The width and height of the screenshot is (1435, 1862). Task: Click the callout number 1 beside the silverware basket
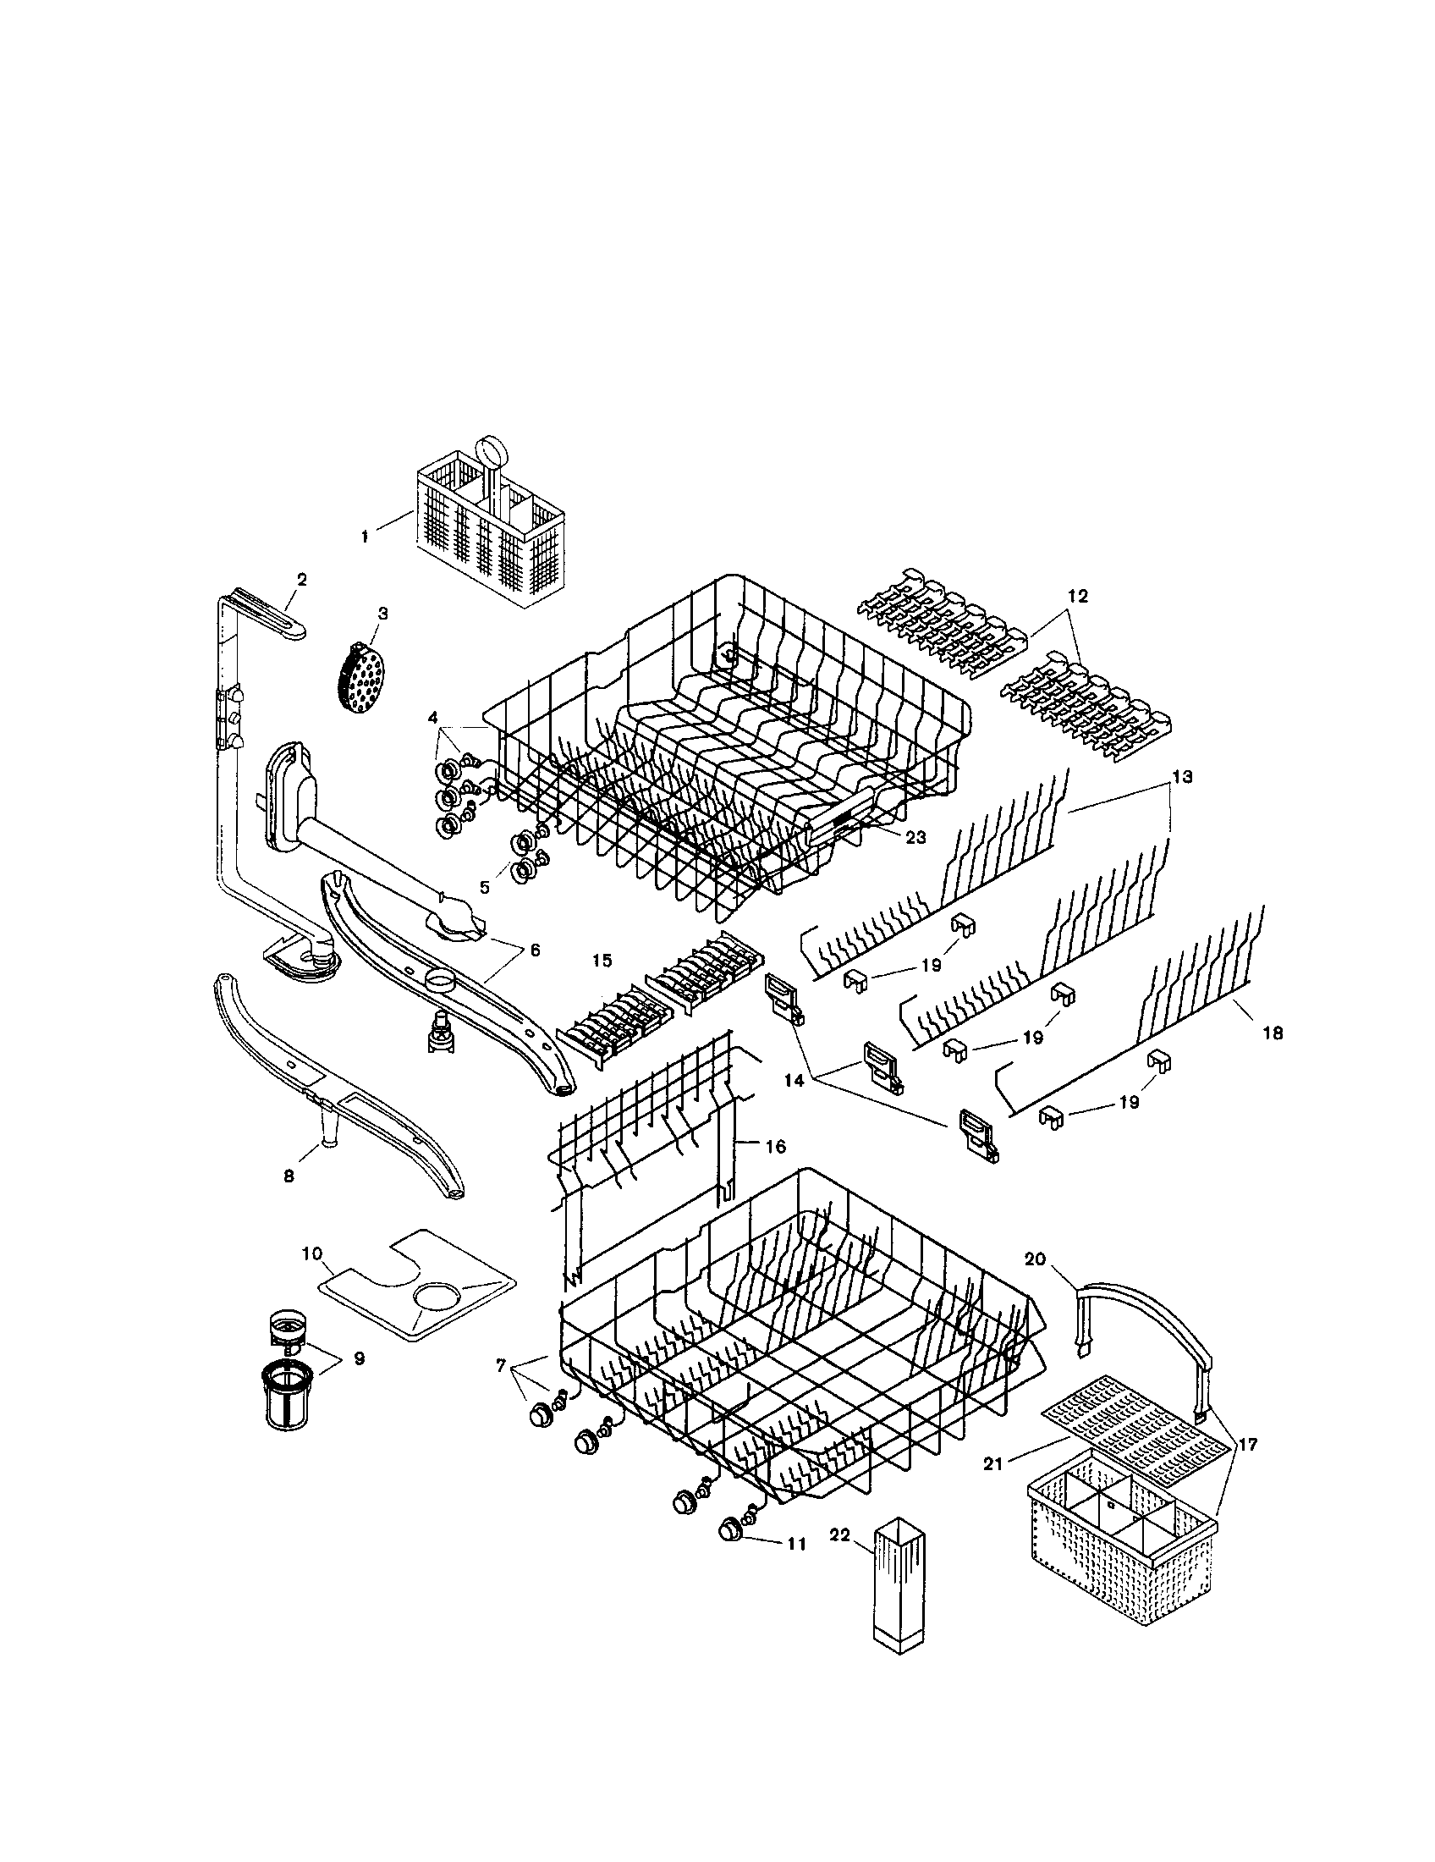(365, 537)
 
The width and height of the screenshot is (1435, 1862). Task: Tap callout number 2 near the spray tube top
(302, 579)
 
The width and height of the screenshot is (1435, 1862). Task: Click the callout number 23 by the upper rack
(915, 837)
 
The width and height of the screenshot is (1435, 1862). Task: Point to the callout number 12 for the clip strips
(1078, 596)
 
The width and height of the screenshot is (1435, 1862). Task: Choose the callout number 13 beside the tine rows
(1182, 778)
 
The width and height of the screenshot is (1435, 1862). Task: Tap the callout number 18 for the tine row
(1273, 1033)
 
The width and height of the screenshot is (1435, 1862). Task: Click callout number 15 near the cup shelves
(602, 960)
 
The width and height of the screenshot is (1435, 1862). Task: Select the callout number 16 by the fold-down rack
(775, 1147)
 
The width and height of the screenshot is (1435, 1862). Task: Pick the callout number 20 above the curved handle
(1035, 1283)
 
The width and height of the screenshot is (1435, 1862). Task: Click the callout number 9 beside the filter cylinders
(359, 1358)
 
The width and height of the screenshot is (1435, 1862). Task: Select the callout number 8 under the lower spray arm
(289, 1176)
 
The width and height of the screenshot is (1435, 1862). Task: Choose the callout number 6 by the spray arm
(535, 950)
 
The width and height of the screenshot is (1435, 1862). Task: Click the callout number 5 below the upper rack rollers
(484, 887)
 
